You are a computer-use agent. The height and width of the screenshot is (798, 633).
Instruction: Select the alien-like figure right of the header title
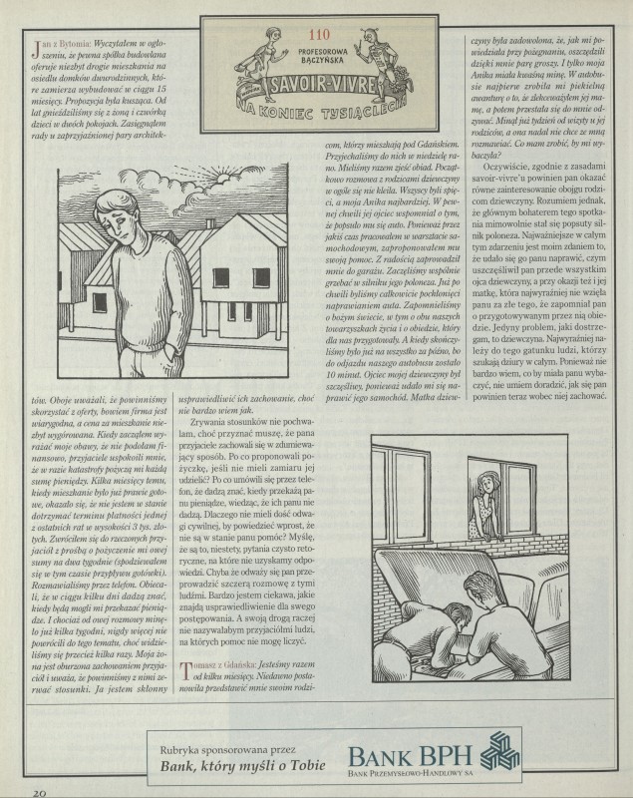(x=380, y=59)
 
